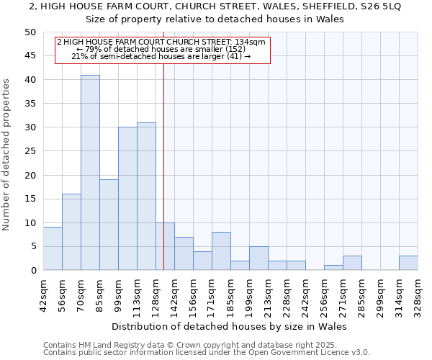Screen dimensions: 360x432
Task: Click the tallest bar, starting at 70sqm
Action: point(90,173)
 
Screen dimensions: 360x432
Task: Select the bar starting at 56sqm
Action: point(71,232)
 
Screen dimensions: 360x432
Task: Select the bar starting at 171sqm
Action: point(221,251)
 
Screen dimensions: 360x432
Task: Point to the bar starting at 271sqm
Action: point(352,263)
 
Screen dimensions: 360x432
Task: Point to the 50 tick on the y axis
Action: point(30,32)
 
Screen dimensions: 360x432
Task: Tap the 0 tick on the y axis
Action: point(32,271)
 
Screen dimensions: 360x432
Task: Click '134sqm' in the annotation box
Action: point(250,42)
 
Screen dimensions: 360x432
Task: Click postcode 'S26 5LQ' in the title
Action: point(381,6)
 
